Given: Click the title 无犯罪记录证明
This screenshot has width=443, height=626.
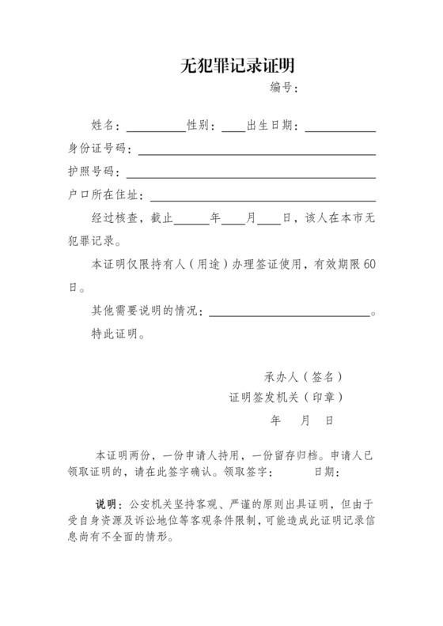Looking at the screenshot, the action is (232, 66).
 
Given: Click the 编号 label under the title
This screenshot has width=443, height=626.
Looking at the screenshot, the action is (282, 87).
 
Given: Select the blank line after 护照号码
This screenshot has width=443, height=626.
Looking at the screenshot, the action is (251, 175).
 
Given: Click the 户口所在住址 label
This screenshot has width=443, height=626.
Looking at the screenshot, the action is (106, 194).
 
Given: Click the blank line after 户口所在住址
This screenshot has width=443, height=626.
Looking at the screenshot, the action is (263, 198).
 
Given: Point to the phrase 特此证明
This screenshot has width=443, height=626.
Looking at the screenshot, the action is (116, 334).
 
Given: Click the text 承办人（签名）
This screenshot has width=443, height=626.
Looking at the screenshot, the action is (303, 376).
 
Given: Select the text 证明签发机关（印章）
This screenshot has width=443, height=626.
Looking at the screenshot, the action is (286, 397).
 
